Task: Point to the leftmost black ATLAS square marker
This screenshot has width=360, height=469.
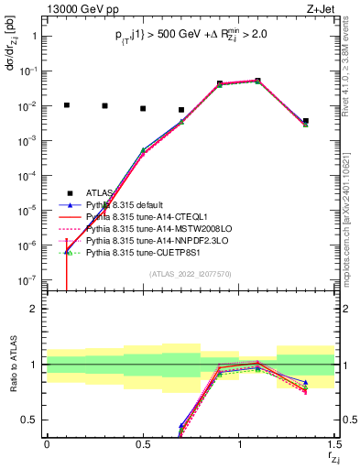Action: tap(66, 105)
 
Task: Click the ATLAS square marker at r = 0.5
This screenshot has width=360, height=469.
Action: tap(143, 108)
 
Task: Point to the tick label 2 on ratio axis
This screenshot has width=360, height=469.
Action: tap(35, 309)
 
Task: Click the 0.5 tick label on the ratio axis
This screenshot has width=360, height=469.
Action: tap(31, 420)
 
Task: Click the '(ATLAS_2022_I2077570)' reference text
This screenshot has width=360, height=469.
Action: tap(190, 273)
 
